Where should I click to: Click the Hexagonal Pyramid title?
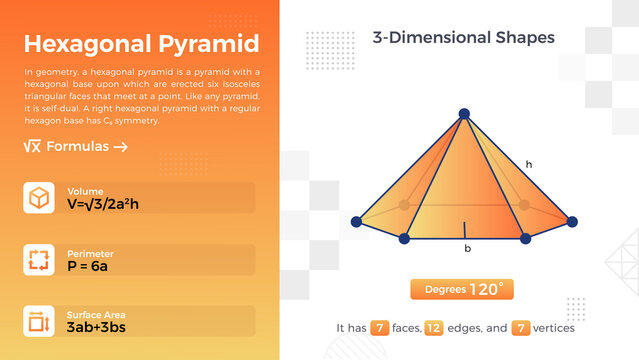(141, 44)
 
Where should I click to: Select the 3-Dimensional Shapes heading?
(463, 38)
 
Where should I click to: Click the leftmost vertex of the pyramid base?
(357, 221)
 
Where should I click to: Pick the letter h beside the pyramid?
(529, 163)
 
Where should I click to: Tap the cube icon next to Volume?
(39, 198)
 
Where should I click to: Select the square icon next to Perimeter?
(39, 260)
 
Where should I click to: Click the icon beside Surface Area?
(39, 321)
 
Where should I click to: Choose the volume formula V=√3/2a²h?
(110, 204)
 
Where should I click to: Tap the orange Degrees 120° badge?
(463, 289)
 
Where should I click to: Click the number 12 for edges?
(434, 327)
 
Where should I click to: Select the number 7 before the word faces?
(379, 327)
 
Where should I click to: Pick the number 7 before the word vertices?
(520, 327)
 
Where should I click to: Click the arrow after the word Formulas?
(120, 147)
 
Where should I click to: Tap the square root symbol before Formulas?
(32, 147)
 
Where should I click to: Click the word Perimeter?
(90, 253)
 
